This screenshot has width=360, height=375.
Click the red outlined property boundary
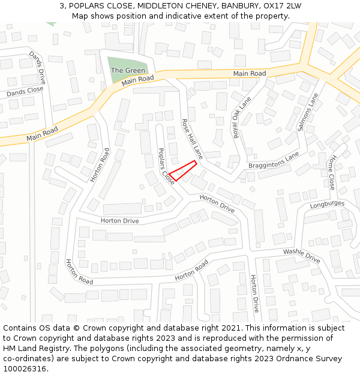[x=183, y=170]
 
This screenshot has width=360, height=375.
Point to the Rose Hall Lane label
[x=193, y=139]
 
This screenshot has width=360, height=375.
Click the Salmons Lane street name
[x=307, y=112]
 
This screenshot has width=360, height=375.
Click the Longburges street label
[x=327, y=205]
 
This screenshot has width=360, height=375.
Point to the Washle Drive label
[x=302, y=256]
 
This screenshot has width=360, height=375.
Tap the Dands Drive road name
[x=37, y=67]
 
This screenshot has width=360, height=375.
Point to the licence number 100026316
[x=26, y=369]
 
